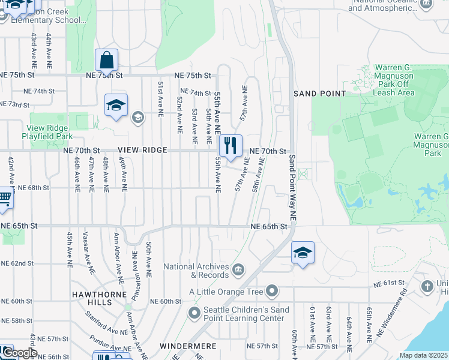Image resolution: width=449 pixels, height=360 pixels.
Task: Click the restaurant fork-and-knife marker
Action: point(229,145)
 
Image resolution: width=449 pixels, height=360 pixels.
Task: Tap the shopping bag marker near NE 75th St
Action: point(106,60)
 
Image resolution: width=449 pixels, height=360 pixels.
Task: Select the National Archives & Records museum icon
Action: point(238,268)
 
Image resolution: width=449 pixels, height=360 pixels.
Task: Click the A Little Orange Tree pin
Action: point(271,292)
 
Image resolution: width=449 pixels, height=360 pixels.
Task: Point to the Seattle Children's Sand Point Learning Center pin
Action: point(193,313)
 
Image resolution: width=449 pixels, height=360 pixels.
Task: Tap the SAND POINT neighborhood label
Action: point(320,94)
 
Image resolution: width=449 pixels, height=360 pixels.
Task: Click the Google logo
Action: point(19,353)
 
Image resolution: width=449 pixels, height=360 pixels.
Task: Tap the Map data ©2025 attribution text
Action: point(424,355)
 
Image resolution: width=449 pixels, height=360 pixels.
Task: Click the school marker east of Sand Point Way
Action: point(303,253)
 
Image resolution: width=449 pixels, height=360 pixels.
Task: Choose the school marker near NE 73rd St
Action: point(116,105)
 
